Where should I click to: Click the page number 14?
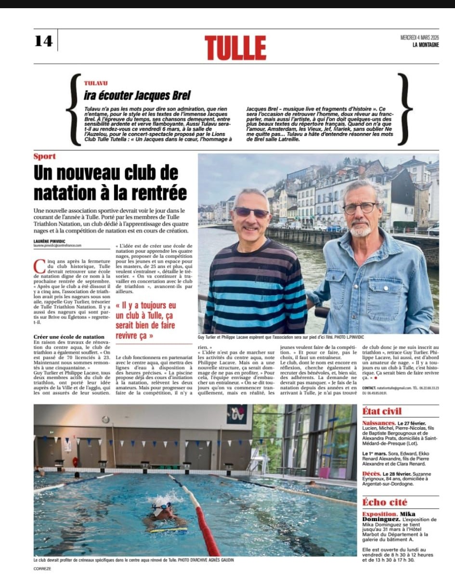point(43,41)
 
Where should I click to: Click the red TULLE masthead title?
point(235,48)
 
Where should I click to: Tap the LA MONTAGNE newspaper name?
point(426,45)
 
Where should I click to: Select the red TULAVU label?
point(96,83)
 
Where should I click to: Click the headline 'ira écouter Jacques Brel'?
point(137,95)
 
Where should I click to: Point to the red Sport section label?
point(45,156)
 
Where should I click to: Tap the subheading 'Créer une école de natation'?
point(69,337)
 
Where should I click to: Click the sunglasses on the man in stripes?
point(251,212)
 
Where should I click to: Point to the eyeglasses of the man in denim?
point(360,208)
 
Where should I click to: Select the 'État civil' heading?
point(382,411)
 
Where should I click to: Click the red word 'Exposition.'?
point(379,514)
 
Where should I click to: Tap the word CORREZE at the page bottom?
point(42,568)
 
